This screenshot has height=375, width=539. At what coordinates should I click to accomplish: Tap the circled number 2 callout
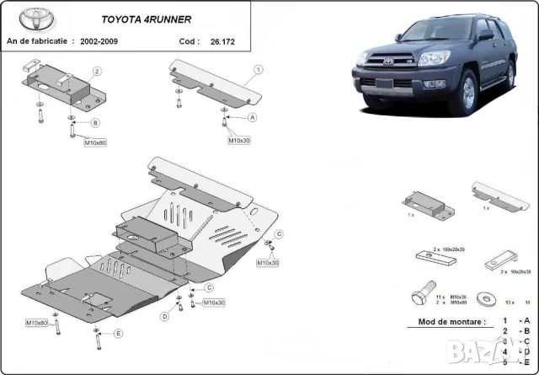98,72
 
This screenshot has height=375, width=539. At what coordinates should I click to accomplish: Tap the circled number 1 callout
259,69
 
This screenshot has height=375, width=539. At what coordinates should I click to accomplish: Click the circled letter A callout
251,117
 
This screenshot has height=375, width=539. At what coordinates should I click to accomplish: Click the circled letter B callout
95,123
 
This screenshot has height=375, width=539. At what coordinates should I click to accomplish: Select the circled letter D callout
164,316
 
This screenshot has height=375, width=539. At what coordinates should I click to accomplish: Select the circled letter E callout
118,334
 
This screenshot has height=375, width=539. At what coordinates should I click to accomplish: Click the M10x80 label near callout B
95,142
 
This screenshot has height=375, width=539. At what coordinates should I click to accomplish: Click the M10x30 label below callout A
240,140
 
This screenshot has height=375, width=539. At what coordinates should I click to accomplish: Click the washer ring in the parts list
486,297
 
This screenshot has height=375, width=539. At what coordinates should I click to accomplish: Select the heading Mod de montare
451,322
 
